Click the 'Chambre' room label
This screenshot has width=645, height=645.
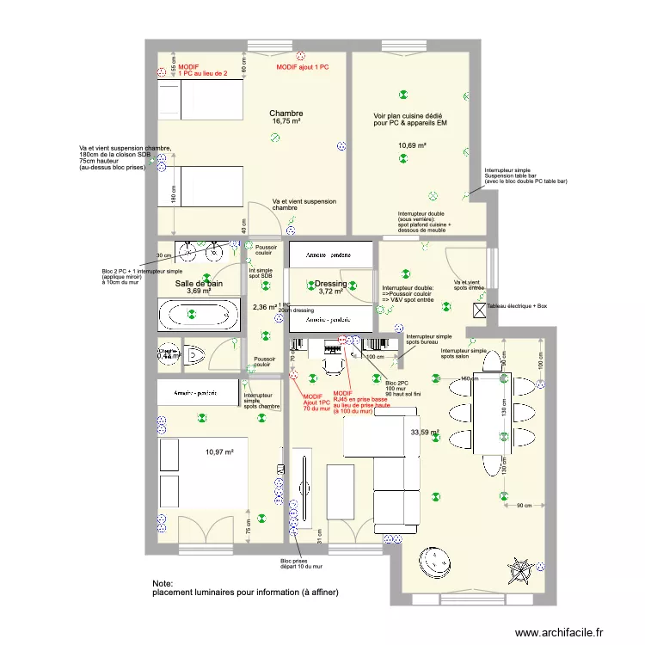coord(286,114)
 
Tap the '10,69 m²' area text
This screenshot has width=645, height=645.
coord(412,145)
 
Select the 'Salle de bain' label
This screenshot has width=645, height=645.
coord(199,283)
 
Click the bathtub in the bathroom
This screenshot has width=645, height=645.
coord(199,315)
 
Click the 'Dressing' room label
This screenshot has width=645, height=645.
coord(331,283)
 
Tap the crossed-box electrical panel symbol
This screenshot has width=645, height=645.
coord(480,310)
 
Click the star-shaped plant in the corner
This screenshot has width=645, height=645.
coord(519,567)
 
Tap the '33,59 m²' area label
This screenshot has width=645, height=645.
coord(425,433)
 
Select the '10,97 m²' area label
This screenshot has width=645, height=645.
coord(219,451)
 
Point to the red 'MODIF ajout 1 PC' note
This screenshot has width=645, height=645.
coord(304,67)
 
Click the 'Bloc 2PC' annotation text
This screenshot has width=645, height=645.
coord(397,382)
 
